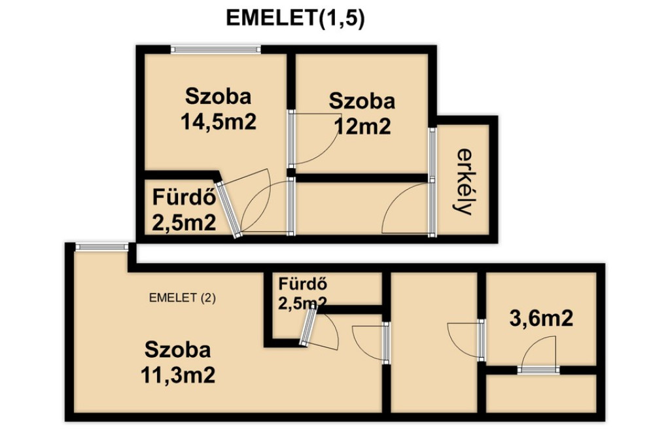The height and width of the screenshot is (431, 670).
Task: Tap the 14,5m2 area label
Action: [219, 122]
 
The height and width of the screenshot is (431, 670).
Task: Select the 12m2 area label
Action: [362, 126]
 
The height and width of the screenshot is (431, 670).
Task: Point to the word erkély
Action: [464, 182]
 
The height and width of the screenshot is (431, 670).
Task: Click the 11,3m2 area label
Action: [178, 375]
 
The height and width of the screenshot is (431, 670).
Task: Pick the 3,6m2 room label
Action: [541, 319]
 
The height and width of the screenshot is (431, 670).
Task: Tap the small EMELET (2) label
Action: [183, 298]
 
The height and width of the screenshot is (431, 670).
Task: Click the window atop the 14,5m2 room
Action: [216, 49]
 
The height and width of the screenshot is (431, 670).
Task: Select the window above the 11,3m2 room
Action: [101, 247]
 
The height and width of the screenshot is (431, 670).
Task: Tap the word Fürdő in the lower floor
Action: [303, 284]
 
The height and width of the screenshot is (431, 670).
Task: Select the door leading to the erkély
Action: [409, 207]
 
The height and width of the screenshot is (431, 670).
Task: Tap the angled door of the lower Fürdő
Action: [319, 327]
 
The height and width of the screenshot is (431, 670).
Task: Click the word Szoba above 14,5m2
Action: [218, 97]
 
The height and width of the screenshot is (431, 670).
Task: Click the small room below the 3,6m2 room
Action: [541, 394]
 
